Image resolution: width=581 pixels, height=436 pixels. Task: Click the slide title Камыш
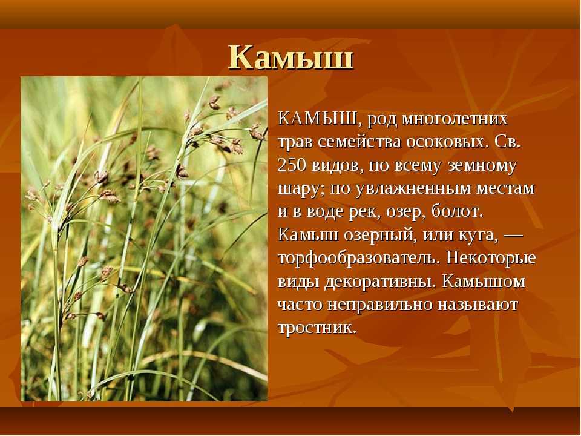(291, 57)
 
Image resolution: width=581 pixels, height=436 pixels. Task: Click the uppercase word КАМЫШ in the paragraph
(318, 119)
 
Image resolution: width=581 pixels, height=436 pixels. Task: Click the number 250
(292, 165)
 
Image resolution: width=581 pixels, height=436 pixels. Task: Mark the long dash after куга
(513, 236)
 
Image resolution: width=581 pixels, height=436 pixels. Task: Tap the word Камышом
(484, 282)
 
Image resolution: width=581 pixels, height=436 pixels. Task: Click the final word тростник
(317, 328)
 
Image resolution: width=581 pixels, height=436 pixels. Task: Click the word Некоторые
(491, 258)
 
